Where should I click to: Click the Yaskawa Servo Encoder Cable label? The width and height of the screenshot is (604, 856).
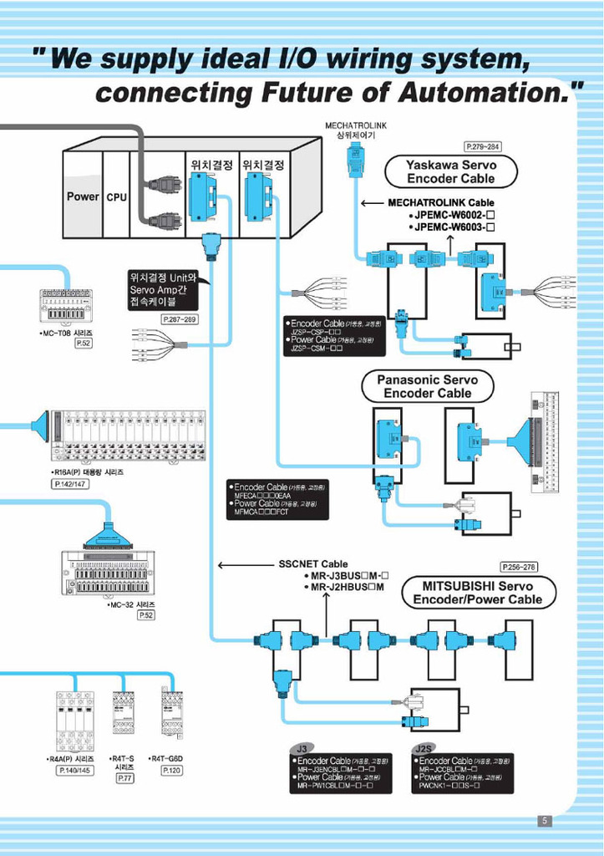[451, 172]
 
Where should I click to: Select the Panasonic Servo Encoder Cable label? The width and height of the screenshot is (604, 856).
[427, 386]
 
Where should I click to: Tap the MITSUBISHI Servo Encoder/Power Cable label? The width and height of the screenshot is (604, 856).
[477, 593]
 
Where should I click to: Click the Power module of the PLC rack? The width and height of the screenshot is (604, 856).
[83, 197]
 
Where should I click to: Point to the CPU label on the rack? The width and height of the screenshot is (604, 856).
[116, 198]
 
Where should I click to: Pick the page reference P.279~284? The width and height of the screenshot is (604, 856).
[482, 146]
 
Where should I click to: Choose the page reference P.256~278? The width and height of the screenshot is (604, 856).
[519, 567]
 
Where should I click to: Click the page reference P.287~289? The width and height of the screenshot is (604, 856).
[180, 320]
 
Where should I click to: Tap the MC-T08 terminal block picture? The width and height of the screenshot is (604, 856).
[66, 307]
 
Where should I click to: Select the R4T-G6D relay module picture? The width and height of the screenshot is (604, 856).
[172, 712]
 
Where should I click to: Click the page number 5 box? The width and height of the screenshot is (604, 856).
[545, 821]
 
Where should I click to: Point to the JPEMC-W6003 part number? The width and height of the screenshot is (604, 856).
[454, 227]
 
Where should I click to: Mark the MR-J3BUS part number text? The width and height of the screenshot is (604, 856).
[350, 575]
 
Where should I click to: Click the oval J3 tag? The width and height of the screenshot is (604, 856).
[302, 747]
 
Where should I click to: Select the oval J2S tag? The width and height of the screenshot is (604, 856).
[425, 747]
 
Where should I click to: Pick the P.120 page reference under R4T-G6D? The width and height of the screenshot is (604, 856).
[172, 770]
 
